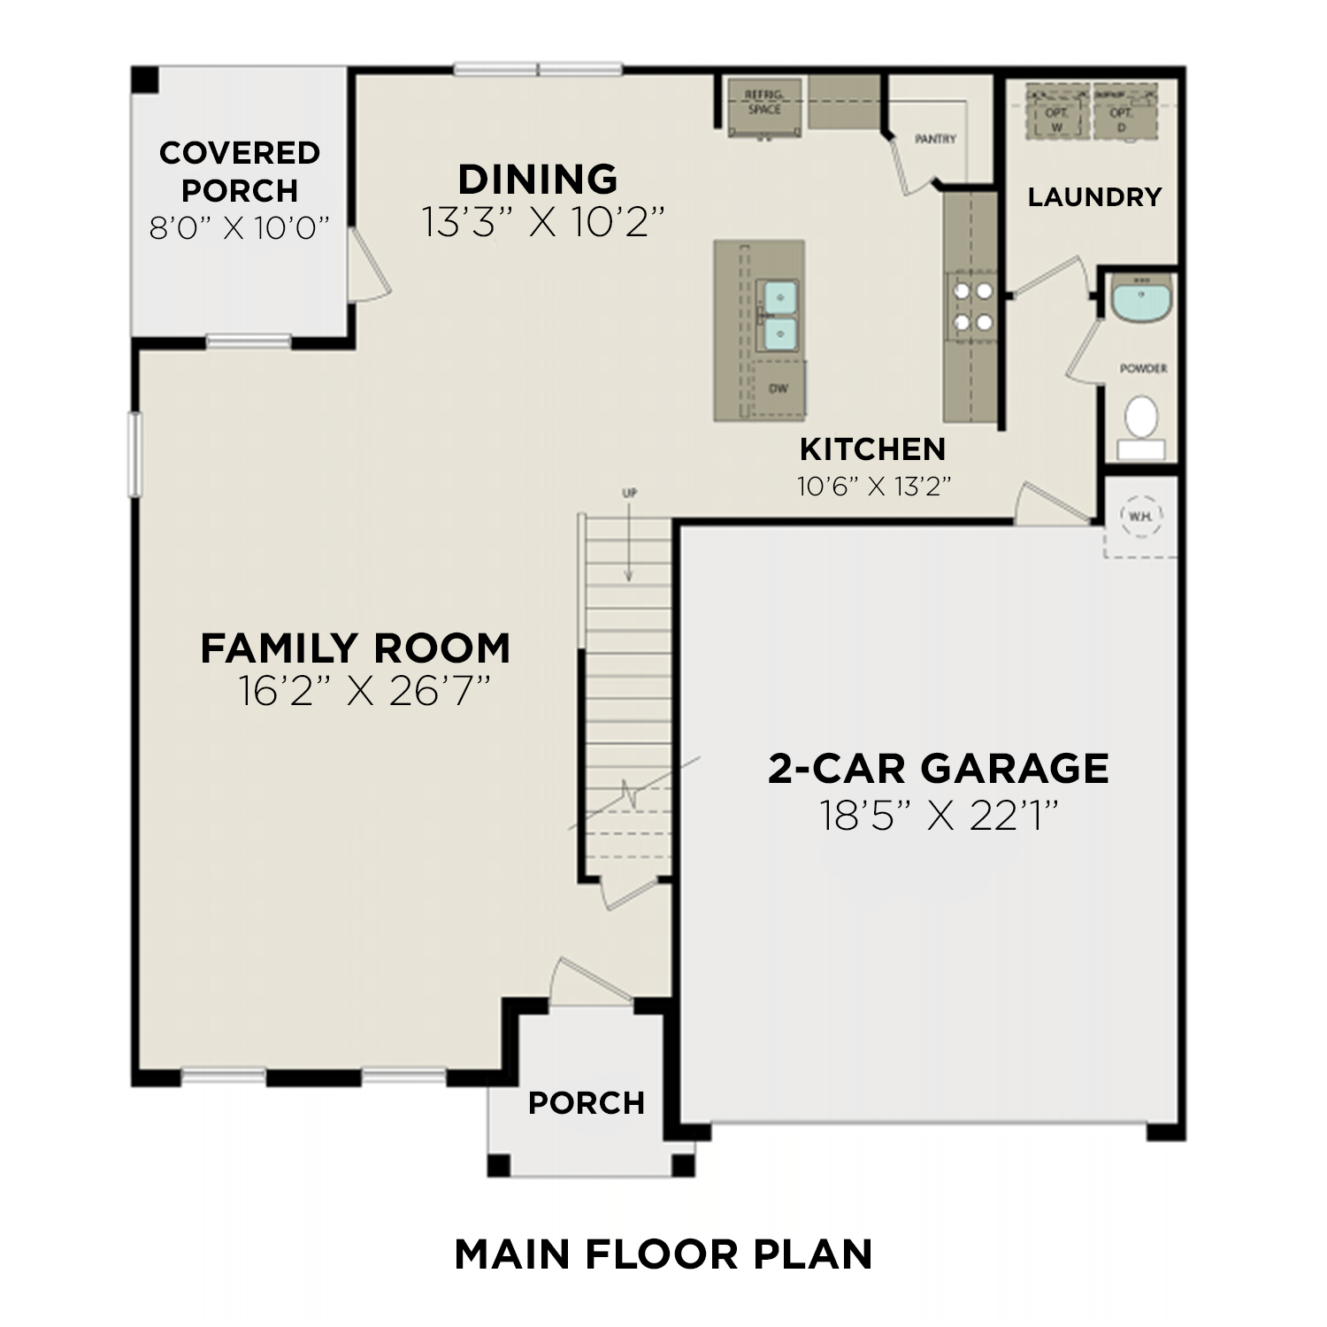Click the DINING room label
[537, 180]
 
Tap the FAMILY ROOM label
[355, 648]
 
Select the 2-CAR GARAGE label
[938, 768]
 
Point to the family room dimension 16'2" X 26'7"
[364, 692]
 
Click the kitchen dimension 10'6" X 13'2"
[873, 486]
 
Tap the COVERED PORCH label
[240, 172]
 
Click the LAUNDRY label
[1094, 196]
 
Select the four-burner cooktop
[970, 306]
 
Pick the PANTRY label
[935, 139]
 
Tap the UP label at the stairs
[629, 493]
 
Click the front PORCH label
[586, 1103]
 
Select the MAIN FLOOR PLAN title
[663, 1254]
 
